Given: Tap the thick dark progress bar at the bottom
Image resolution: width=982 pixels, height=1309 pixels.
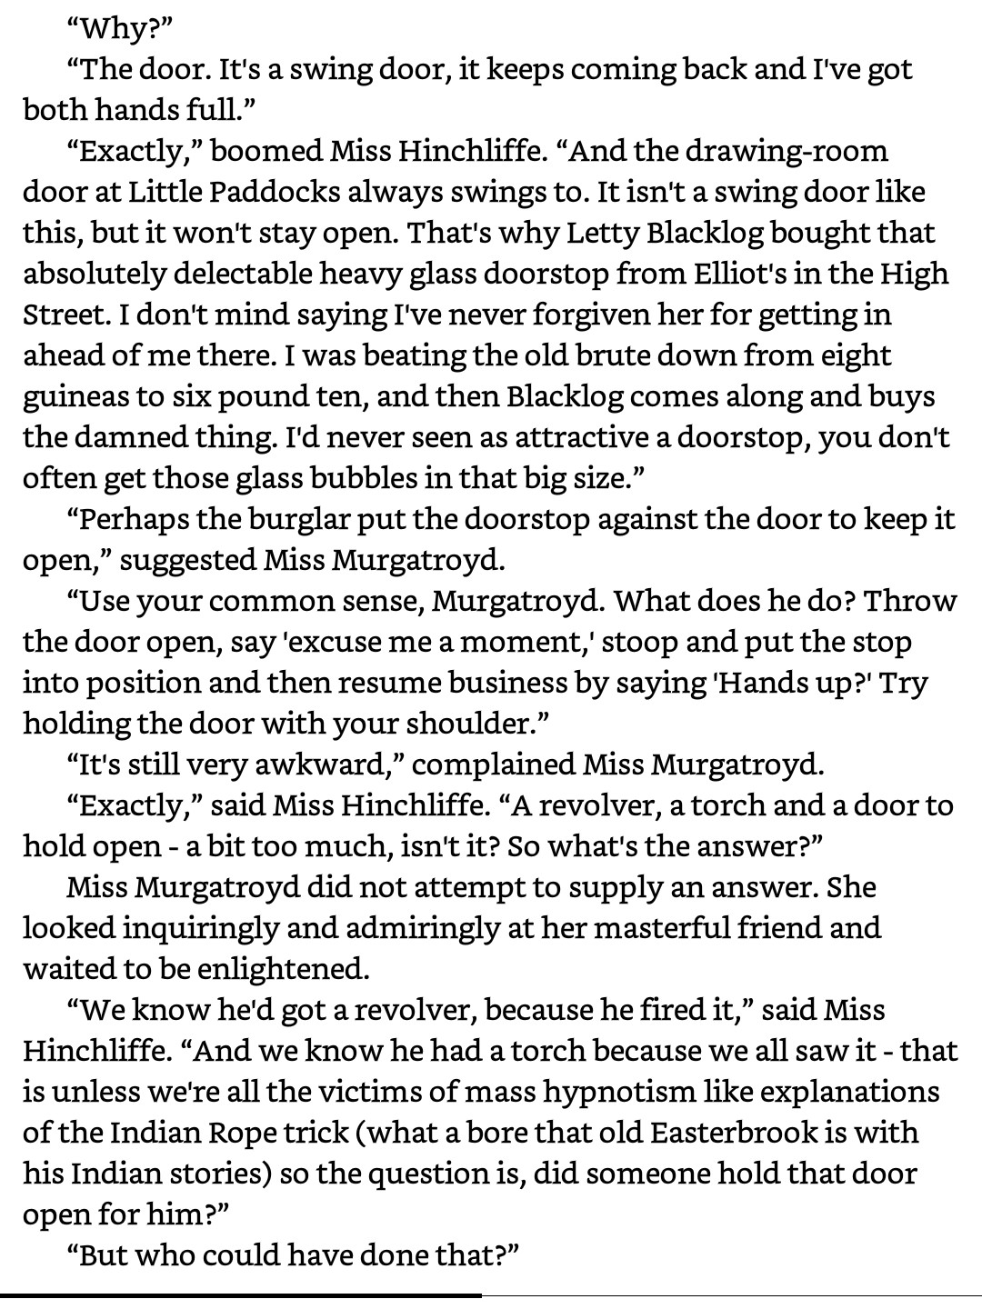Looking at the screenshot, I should point(241,1294).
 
